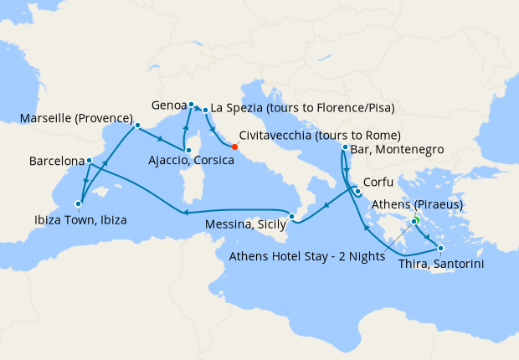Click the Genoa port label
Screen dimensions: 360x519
click(x=171, y=106)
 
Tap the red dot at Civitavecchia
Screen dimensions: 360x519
click(x=236, y=150)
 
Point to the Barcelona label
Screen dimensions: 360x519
click(x=56, y=160)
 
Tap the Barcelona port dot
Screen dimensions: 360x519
click(x=89, y=161)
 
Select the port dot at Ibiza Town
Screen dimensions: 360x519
click(x=78, y=203)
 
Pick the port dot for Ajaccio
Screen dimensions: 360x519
click(x=188, y=150)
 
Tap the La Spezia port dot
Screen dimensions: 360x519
click(x=205, y=110)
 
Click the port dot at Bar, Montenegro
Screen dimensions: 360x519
click(x=345, y=147)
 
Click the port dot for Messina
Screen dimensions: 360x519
click(x=291, y=218)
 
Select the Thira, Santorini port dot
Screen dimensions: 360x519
click(x=440, y=248)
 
